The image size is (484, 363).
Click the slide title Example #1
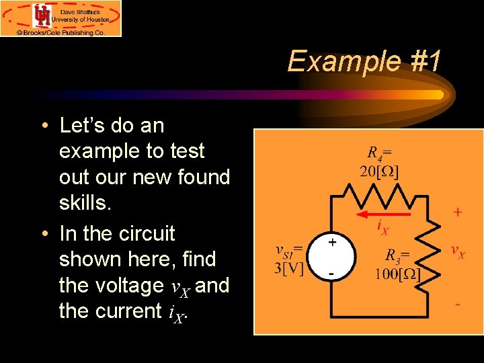(x=364, y=61)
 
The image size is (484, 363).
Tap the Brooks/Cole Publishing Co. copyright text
(x=61, y=32)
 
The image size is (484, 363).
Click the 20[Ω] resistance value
(x=379, y=171)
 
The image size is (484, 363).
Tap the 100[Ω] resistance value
(x=398, y=274)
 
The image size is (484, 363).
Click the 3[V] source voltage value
(x=290, y=268)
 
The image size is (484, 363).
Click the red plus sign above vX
(x=457, y=212)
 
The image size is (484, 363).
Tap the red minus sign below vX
(x=458, y=304)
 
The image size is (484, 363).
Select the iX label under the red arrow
(x=382, y=227)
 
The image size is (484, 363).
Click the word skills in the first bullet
(x=83, y=203)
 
